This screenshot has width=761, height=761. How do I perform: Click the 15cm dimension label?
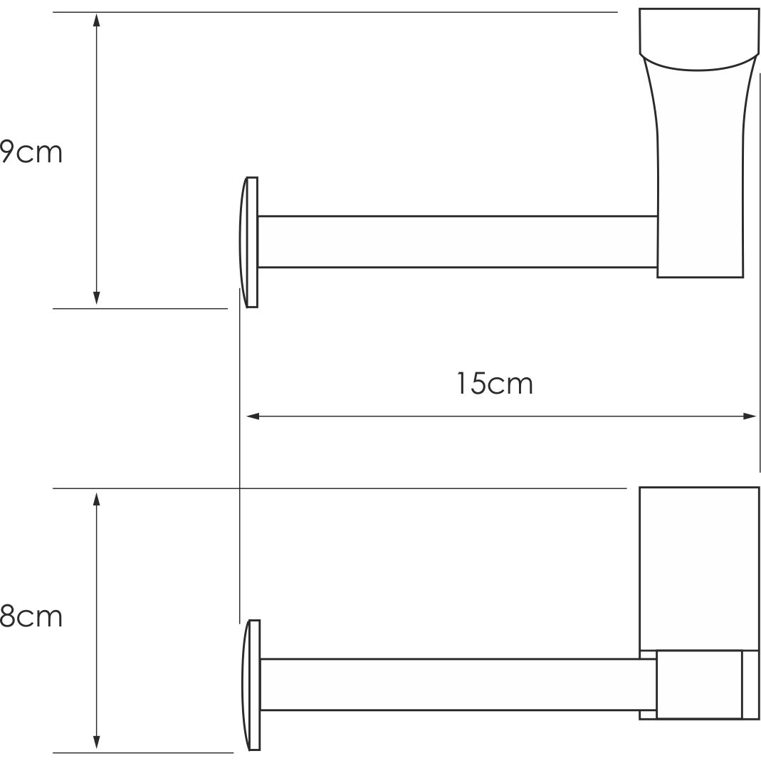pos(494,384)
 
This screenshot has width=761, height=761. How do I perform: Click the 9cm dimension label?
pos(31,152)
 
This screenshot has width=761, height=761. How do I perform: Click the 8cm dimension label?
pos(31,616)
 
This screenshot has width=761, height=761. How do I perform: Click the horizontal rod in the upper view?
pos(456,241)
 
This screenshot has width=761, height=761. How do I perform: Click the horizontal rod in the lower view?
pos(456,685)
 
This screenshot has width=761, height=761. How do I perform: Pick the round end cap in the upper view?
pos(250,242)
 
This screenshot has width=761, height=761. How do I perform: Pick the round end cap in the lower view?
pos(251,685)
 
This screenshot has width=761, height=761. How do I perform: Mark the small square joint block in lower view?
pos(698,684)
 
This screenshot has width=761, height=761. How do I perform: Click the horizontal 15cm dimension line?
pos(427,416)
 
